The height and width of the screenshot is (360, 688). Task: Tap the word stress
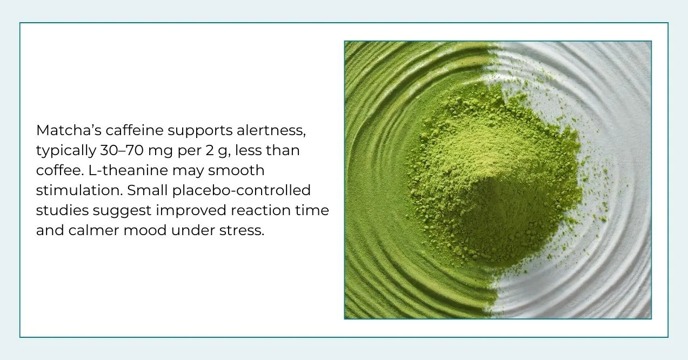point(242,231)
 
